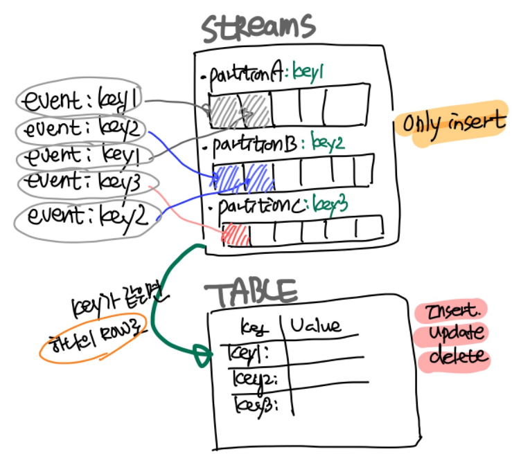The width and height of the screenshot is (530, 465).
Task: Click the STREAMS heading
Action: pos(258,26)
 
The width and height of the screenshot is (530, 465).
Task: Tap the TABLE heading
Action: pos(254,292)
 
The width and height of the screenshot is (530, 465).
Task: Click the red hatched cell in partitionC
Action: pos(236,234)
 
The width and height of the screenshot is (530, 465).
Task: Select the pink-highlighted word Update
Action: pos(455,332)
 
